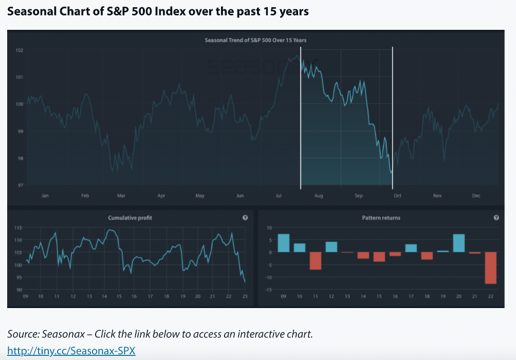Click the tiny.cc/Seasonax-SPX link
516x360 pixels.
click(71, 351)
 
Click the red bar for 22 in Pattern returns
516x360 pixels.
click(490, 267)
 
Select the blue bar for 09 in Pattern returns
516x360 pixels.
click(283, 243)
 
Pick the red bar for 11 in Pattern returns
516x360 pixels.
click(315, 261)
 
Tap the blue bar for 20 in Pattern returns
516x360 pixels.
click(459, 243)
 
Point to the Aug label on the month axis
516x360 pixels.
click(319, 196)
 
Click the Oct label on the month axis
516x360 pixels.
click(397, 196)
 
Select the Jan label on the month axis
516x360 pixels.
click(45, 196)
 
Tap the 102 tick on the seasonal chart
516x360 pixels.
click(20, 50)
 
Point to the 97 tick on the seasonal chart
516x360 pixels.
click(20, 185)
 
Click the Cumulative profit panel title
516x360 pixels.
click(130, 218)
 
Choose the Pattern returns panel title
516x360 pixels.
click(381, 218)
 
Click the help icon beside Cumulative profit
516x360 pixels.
click(245, 218)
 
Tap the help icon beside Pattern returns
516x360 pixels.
click(496, 218)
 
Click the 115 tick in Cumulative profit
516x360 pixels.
click(19, 227)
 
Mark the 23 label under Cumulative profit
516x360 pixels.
click(245, 297)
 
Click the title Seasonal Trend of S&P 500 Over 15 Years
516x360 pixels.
click(255, 40)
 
